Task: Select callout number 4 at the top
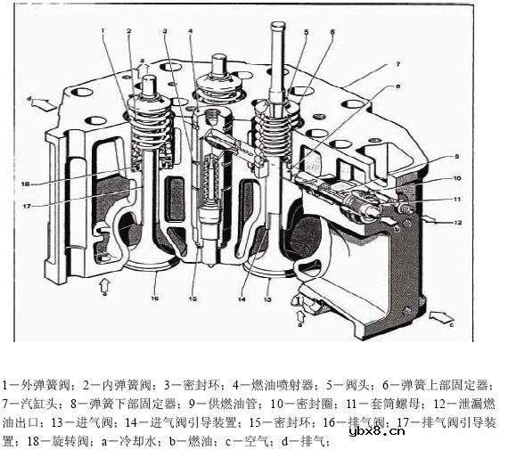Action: click(x=191, y=31)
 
